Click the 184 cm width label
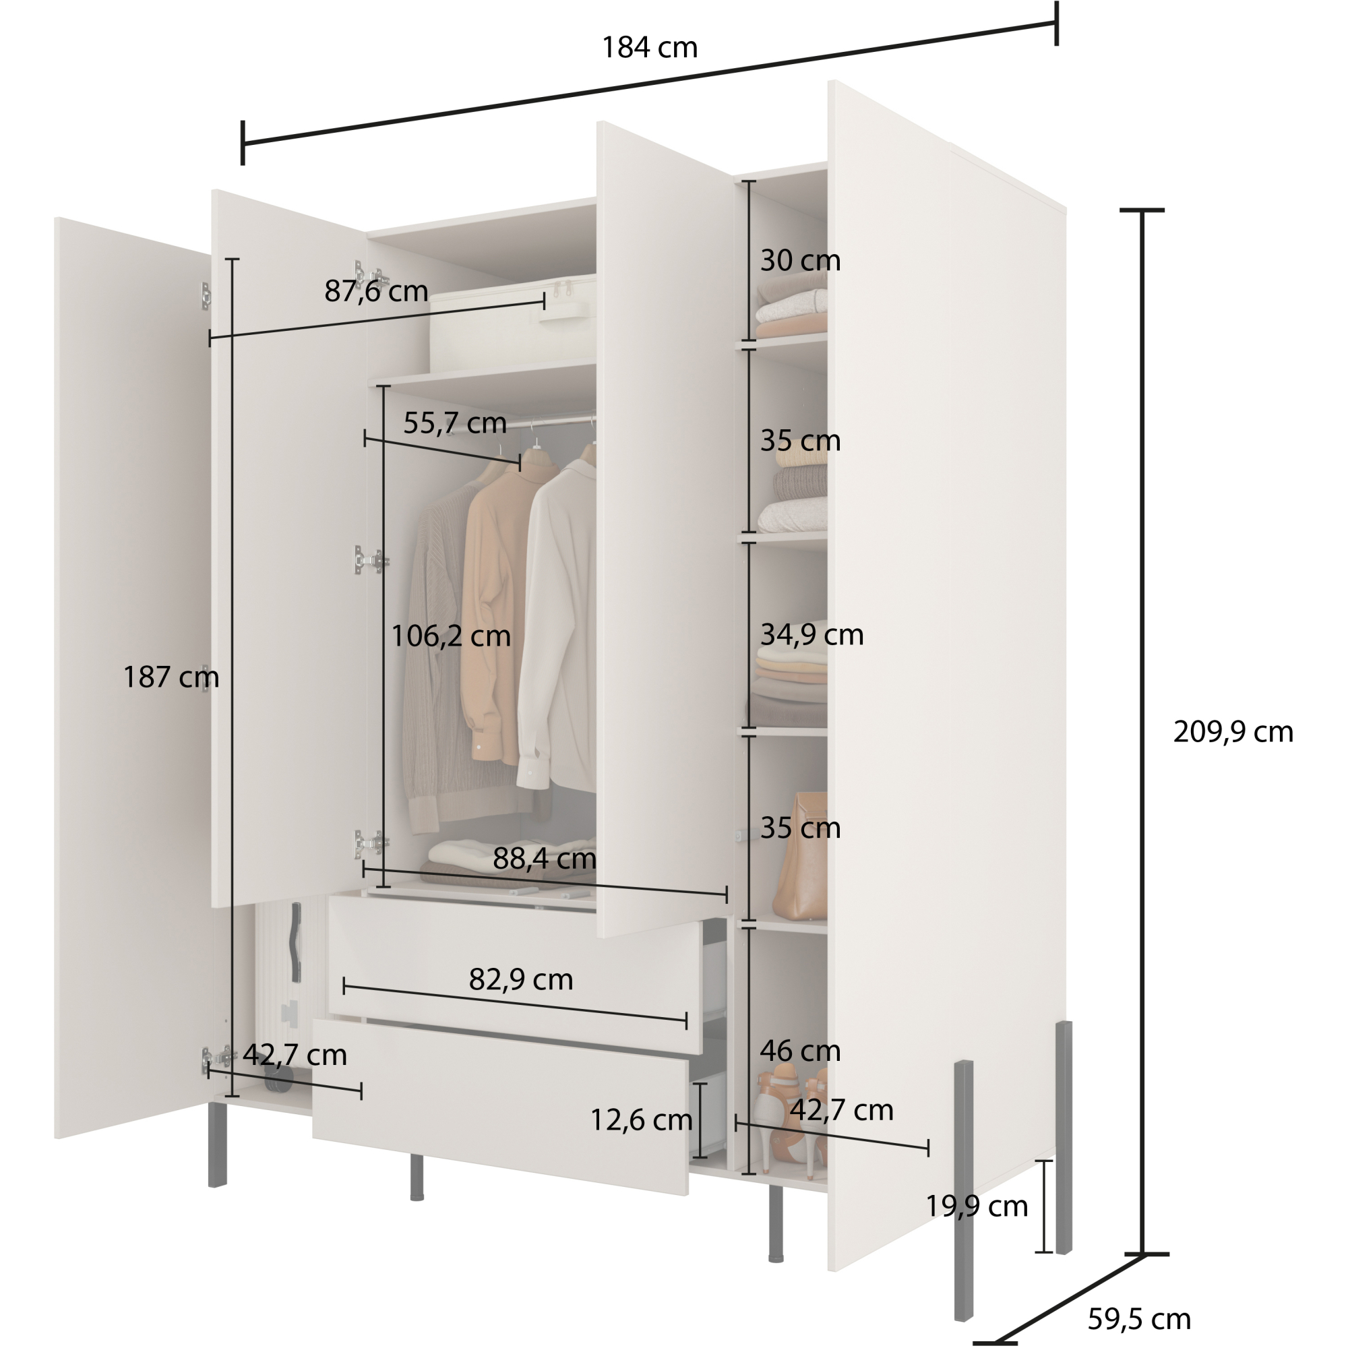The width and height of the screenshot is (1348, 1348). coord(649,47)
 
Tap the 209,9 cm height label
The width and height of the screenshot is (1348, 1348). coord(1233,732)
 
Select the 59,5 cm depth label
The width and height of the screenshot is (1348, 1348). coord(1138,1319)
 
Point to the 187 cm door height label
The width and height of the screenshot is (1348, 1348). coord(171,677)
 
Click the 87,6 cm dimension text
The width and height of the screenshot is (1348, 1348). coord(376,291)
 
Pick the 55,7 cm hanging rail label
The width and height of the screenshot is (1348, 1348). coord(454,423)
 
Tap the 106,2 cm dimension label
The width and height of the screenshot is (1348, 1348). coord(451,636)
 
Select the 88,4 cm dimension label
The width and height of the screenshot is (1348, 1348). coord(544,858)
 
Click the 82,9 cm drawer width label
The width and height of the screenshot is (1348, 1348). coord(520,979)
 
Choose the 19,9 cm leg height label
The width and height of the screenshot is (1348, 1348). coord(976,1206)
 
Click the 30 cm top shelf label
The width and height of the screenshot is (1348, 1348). coord(799,260)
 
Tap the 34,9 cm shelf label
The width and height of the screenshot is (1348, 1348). coord(811,634)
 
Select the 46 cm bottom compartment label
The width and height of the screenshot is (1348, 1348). coord(799,1051)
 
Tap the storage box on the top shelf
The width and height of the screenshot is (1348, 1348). coord(513,324)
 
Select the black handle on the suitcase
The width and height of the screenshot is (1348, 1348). coord(296,942)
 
